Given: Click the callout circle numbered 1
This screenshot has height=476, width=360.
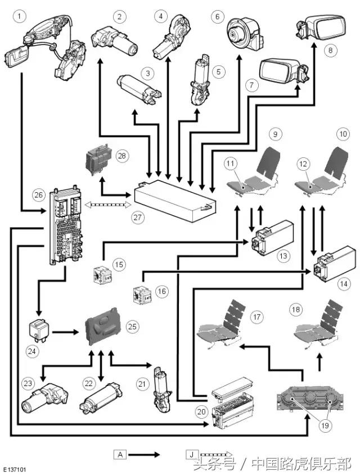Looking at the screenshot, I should (x=21, y=17).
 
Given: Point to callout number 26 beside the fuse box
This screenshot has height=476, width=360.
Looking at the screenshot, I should (x=38, y=196).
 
